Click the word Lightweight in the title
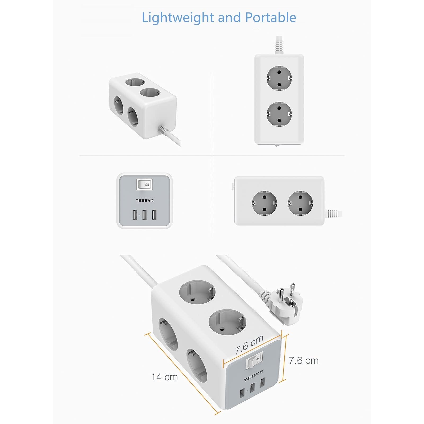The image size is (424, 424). (x=178, y=18)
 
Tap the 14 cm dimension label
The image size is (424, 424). (x=164, y=377)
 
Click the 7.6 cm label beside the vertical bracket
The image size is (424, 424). (x=304, y=361)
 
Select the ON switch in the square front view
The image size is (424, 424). (x=144, y=184)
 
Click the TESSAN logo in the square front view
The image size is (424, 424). (x=144, y=201)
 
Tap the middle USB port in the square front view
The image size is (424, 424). (x=144, y=215)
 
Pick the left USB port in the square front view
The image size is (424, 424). (x=135, y=215)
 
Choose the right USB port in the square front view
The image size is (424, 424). (x=154, y=215)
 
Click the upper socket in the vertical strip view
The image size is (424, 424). (x=279, y=78)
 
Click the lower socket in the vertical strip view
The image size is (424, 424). (x=279, y=114)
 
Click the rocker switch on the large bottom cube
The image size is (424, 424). (x=254, y=360)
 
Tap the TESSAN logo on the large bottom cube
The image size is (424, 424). (x=254, y=376)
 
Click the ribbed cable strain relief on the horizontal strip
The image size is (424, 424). (x=333, y=213)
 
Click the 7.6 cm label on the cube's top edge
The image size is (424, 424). (x=249, y=344)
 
